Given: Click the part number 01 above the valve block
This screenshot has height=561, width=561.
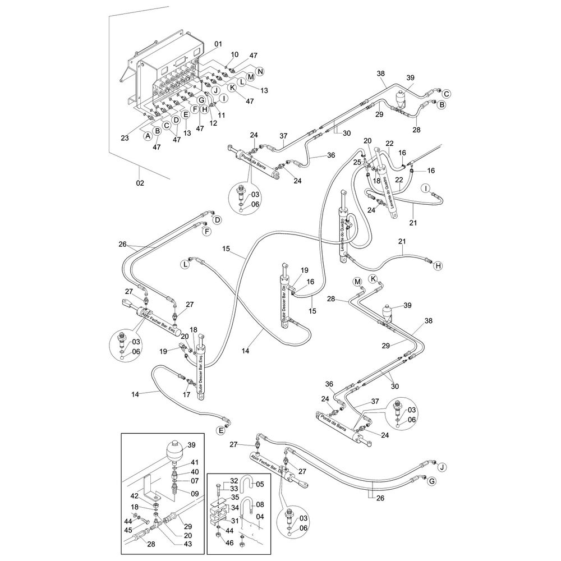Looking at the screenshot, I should coord(218,44).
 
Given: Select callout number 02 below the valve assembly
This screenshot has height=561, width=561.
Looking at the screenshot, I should coord(140,183).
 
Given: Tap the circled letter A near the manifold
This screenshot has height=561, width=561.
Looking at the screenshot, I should coord(148,136).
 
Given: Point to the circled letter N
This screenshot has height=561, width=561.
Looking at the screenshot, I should coord(260,71).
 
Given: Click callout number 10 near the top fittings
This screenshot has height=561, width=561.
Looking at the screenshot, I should coord(234,54).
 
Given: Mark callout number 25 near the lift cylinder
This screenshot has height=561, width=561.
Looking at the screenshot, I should coord(357,162).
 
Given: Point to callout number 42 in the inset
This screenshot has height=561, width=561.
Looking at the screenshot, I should coord(135,495).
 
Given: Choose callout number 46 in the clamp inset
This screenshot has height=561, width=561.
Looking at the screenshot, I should coord(229,544).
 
